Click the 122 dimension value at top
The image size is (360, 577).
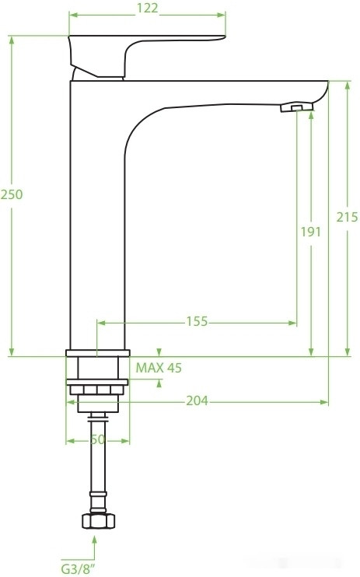coord(147,8)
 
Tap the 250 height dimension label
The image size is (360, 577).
coord(12,194)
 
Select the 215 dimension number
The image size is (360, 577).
coord(347,217)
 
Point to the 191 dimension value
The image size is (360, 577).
coord(311,232)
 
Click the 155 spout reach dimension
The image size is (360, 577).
coord(197,321)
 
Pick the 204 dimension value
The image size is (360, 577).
coord(197,400)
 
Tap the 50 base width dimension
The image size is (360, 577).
coord(97,439)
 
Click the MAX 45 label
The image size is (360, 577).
coord(159,368)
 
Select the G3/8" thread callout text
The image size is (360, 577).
coord(78,569)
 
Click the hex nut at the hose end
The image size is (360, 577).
coord(98,521)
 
